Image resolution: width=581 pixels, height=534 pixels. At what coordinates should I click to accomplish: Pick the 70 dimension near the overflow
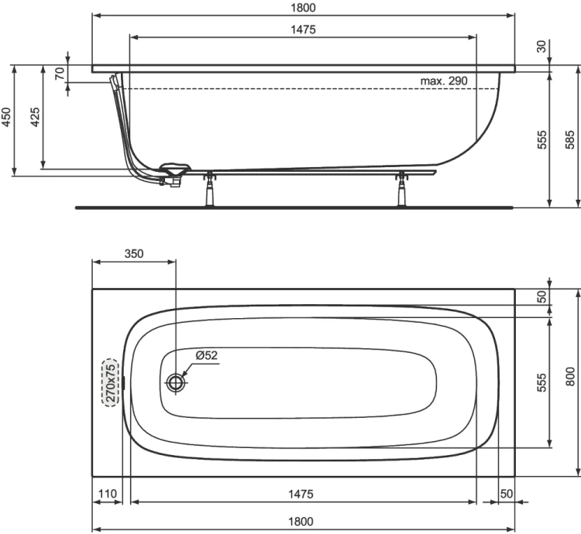pyautogui.click(x=59, y=74)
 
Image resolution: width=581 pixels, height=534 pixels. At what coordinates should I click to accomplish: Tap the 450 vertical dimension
pyautogui.click(x=7, y=117)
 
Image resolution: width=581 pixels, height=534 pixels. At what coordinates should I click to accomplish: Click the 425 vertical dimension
pyautogui.click(x=35, y=117)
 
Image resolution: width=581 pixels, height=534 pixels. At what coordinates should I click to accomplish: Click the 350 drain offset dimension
pyautogui.click(x=132, y=253)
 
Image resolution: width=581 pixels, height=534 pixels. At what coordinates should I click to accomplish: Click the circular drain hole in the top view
pyautogui.click(x=177, y=382)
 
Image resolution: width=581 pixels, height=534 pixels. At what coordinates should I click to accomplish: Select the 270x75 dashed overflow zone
pyautogui.click(x=112, y=382)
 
